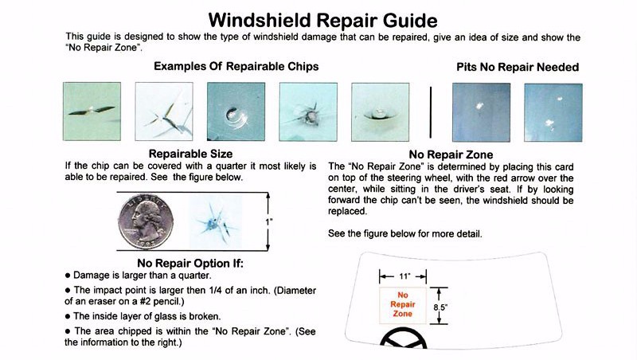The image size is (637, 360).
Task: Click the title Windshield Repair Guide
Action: (x=322, y=18)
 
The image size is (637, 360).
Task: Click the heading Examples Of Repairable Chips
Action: (x=236, y=66)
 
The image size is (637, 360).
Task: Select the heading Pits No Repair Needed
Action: (x=517, y=67)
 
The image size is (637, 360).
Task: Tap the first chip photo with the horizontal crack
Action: (x=92, y=112)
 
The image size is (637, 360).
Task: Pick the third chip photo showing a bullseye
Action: (x=236, y=112)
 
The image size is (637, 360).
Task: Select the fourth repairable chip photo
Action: (x=309, y=112)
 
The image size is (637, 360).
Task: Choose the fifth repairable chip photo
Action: (x=381, y=112)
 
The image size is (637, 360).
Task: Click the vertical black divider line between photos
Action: (x=430, y=112)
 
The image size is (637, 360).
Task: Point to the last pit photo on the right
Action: (x=553, y=112)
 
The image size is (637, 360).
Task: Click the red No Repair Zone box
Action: (x=403, y=303)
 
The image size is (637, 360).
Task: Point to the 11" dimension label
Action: (x=404, y=276)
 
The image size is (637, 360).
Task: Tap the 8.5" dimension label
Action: (x=440, y=305)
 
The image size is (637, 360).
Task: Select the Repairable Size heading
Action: (x=190, y=153)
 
